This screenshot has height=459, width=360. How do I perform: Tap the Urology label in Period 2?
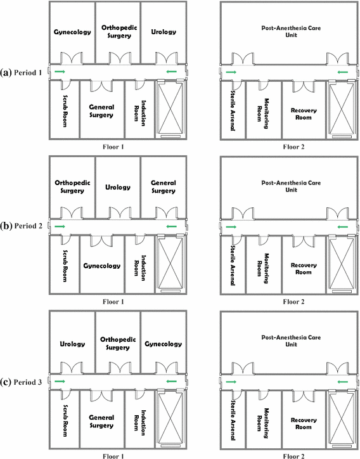(x=117, y=187)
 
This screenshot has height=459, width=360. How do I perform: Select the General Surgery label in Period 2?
(x=164, y=186)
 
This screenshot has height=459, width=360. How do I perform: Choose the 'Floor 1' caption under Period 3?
(x=117, y=454)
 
